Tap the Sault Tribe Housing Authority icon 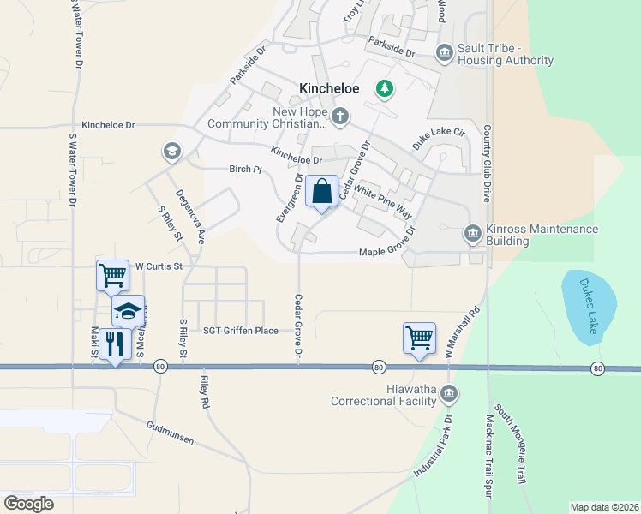pos(444,54)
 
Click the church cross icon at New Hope pos(340,116)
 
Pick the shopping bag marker pos(321,191)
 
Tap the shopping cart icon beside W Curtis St pos(112,275)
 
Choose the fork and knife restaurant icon pos(115,344)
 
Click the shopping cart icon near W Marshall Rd pos(419,338)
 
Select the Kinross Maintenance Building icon pos(472,233)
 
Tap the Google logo pos(29,504)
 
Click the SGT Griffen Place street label pos(241,330)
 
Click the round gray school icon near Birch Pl pos(171,152)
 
